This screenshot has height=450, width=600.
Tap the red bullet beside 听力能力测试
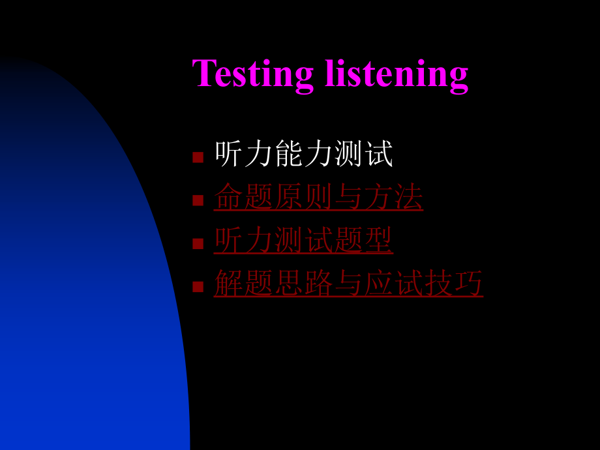pyautogui.click(x=198, y=157)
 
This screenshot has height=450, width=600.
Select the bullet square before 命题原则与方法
pyautogui.click(x=198, y=200)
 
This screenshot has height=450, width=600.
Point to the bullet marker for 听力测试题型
pyautogui.click(x=198, y=243)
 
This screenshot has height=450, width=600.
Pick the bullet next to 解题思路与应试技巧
pyautogui.click(x=198, y=286)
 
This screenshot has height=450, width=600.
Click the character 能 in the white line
pyautogui.click(x=289, y=153)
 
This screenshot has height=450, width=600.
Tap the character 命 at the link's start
pyautogui.click(x=229, y=196)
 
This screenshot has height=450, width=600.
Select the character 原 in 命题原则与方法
pyautogui.click(x=289, y=196)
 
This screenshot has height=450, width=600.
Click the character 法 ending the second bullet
pyautogui.click(x=409, y=196)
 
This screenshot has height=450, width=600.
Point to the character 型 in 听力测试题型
pyautogui.click(x=379, y=239)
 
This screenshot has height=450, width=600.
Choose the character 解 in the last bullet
pyautogui.click(x=229, y=283)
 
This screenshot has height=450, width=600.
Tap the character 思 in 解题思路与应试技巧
pyautogui.click(x=289, y=283)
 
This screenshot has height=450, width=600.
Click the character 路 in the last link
pyautogui.click(x=319, y=283)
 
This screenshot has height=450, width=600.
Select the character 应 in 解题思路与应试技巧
pyautogui.click(x=379, y=283)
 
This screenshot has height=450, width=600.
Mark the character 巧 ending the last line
pyautogui.click(x=469, y=283)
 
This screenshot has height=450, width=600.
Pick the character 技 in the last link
pyautogui.click(x=439, y=283)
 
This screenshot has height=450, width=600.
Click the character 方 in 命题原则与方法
pyautogui.click(x=379, y=196)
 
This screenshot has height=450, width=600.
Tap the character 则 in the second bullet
pyautogui.click(x=319, y=196)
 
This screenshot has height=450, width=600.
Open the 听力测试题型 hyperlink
pyautogui.click(x=303, y=240)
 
